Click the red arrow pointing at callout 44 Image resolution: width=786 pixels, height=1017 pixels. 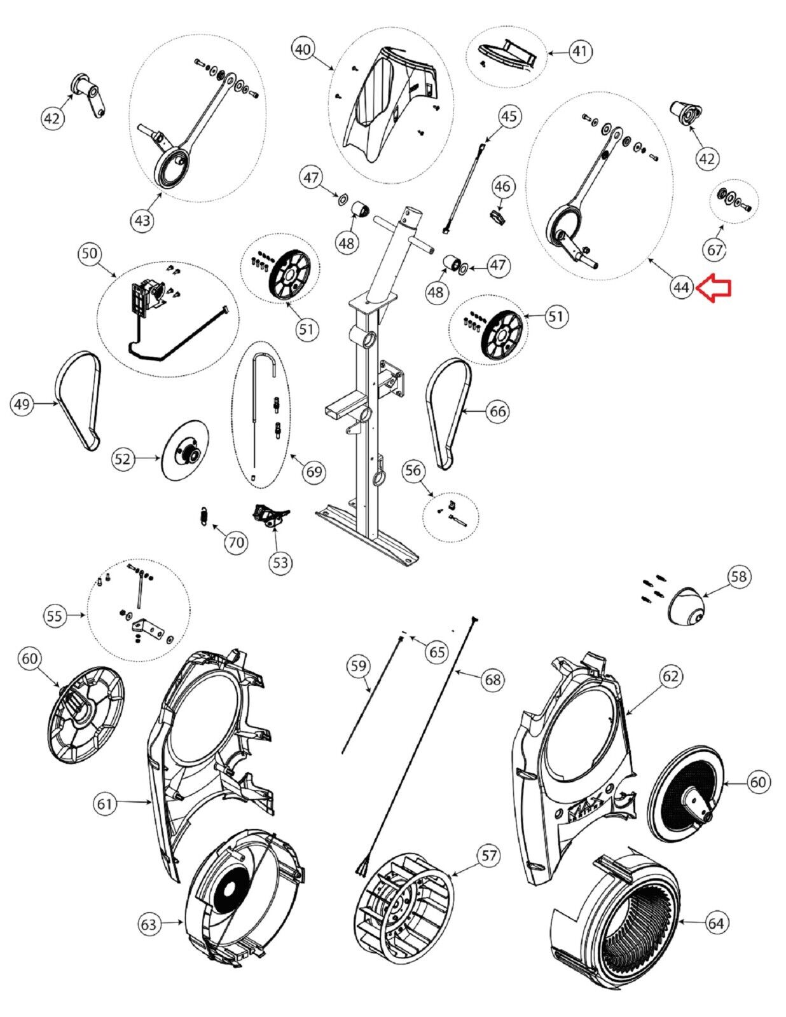click(714, 288)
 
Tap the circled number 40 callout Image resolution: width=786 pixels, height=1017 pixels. click(303, 49)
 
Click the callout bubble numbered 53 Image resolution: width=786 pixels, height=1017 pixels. click(280, 562)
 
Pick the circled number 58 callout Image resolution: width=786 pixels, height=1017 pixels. click(739, 577)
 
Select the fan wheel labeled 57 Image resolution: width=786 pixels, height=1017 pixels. click(404, 897)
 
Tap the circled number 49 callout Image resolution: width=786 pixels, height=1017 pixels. click(22, 404)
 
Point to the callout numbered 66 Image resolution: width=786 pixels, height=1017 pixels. click(497, 411)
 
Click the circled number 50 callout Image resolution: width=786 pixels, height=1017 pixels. click(90, 253)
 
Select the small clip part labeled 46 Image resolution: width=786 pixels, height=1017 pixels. click(498, 217)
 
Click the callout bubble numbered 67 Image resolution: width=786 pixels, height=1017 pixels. click(715, 249)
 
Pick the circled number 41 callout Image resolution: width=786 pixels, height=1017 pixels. click(580, 51)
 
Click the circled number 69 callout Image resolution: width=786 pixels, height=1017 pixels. click(314, 471)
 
